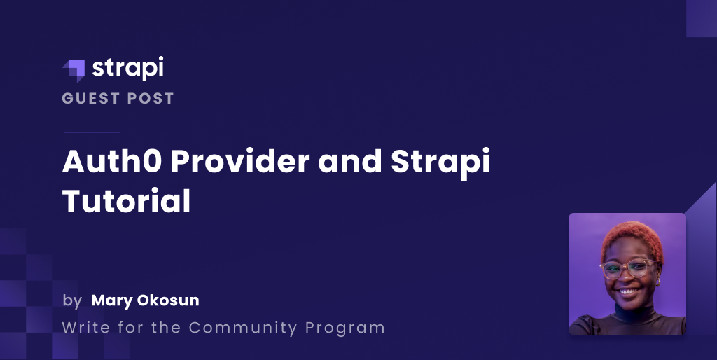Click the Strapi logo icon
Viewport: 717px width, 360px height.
[x=74, y=70]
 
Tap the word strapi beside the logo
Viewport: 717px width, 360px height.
[x=128, y=69]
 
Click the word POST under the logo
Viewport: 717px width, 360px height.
[x=151, y=99]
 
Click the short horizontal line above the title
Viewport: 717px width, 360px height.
[x=92, y=132]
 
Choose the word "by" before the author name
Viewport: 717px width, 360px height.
[x=72, y=301]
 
